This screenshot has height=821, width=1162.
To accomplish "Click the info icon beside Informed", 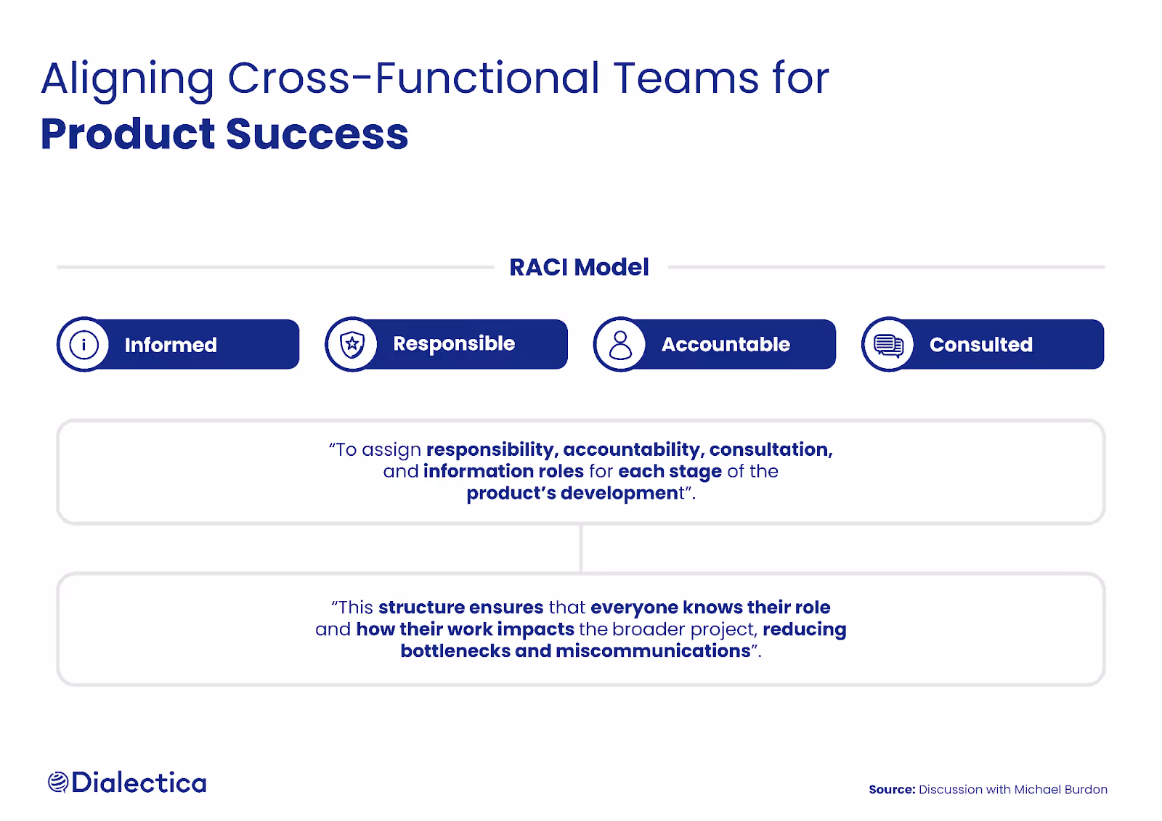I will click(84, 345).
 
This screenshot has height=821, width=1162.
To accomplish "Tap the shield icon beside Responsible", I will click(352, 344).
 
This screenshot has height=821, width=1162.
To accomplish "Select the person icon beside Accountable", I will click(620, 345).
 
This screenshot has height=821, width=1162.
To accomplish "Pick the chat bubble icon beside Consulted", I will click(888, 345).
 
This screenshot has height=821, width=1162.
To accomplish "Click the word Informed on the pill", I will click(171, 345).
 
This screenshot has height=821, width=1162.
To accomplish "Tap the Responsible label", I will click(454, 344).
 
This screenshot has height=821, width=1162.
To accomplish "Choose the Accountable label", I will click(726, 345).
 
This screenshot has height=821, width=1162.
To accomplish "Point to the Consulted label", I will click(980, 345).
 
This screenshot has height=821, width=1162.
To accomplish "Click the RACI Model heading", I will click(579, 267).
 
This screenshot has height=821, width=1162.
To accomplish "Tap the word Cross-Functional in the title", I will click(413, 78).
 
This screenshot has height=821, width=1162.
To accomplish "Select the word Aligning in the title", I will click(128, 78).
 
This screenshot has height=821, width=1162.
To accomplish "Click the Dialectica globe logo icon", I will click(58, 783).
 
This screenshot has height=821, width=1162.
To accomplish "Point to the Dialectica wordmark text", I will click(139, 783).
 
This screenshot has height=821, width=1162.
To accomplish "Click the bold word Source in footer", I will click(892, 790).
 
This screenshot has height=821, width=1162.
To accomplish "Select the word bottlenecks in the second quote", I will click(455, 651).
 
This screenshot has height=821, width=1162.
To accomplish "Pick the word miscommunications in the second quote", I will click(653, 651).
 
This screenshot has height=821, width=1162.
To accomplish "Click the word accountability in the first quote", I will click(631, 450).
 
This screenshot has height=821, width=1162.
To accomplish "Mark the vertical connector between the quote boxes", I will click(581, 549).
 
